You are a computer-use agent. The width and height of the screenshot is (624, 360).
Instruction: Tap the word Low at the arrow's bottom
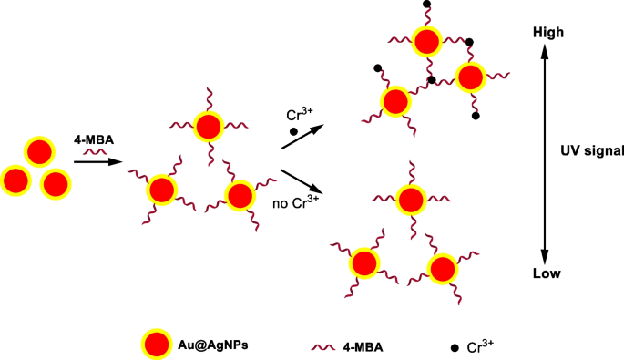coord(547,273)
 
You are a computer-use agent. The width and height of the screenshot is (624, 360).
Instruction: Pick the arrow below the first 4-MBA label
coord(98,162)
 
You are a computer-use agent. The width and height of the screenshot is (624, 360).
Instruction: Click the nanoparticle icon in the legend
coord(157,345)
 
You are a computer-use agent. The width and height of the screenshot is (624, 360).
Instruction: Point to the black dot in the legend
coord(451,345)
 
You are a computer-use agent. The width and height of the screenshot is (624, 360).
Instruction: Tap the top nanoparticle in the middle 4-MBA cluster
coord(209,126)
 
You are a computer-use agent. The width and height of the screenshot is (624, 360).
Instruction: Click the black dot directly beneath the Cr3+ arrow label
coord(293,132)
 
